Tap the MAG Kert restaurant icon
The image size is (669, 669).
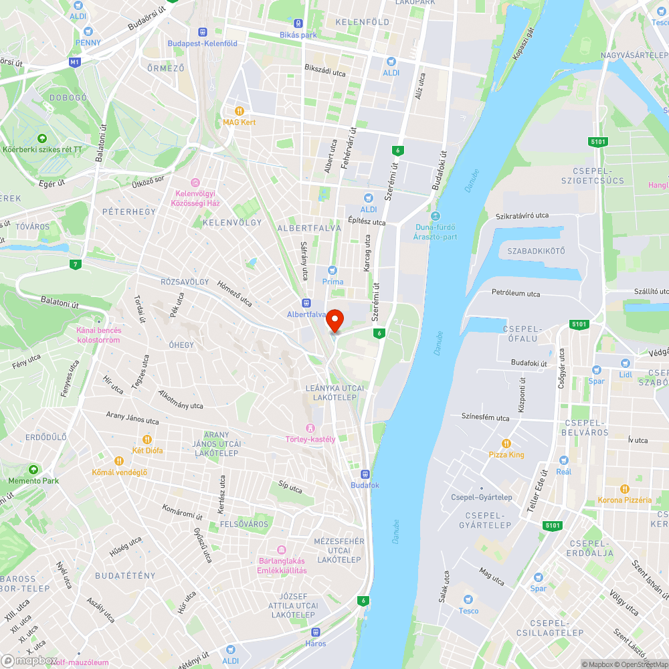point(239,111)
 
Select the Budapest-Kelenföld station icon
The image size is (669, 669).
point(202,31)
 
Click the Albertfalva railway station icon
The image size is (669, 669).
point(306,302)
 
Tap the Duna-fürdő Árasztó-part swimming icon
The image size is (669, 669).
point(436,215)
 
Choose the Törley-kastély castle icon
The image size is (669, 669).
point(310,427)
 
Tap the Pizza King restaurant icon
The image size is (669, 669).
point(506,443)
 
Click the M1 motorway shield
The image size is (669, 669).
point(74,62)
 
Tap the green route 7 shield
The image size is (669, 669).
point(76,264)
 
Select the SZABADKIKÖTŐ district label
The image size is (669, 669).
point(536,251)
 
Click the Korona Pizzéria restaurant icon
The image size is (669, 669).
point(624,488)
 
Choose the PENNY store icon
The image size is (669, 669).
point(88,31)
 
